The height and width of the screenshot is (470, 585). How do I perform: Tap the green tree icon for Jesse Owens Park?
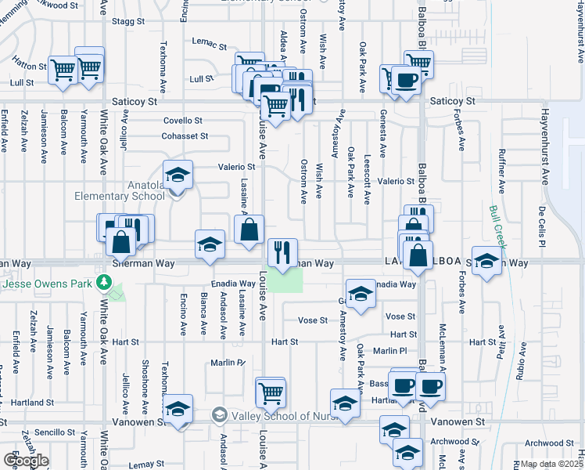(x=102, y=283)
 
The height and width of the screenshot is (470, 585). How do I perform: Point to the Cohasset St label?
(x=185, y=136)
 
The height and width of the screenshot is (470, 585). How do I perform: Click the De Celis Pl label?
(x=540, y=226)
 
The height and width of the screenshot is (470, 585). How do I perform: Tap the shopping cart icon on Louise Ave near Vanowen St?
(x=271, y=392)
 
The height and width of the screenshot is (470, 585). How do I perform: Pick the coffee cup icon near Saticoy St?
(x=404, y=80)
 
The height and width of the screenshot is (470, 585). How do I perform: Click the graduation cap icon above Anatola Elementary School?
(x=178, y=175)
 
